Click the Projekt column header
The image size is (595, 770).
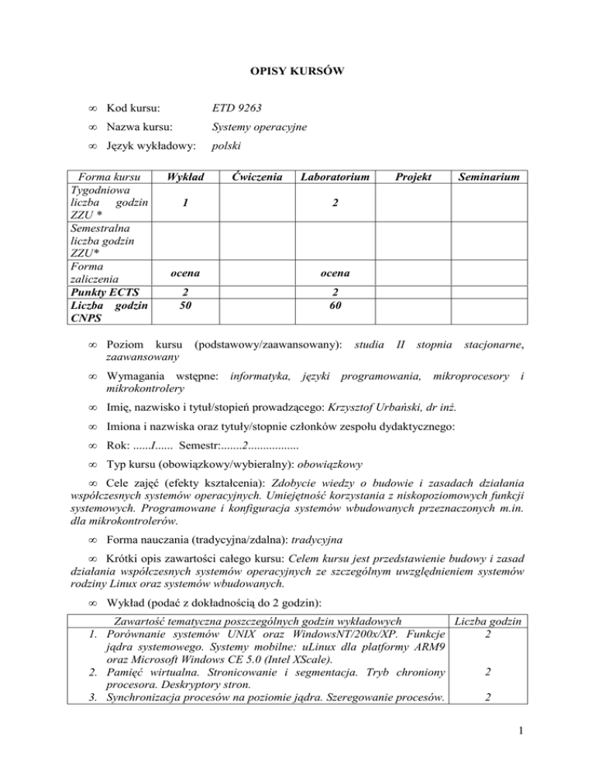(x=412, y=177)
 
